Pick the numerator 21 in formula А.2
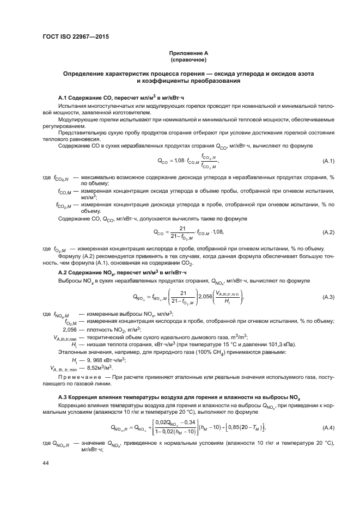[x=182, y=228]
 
